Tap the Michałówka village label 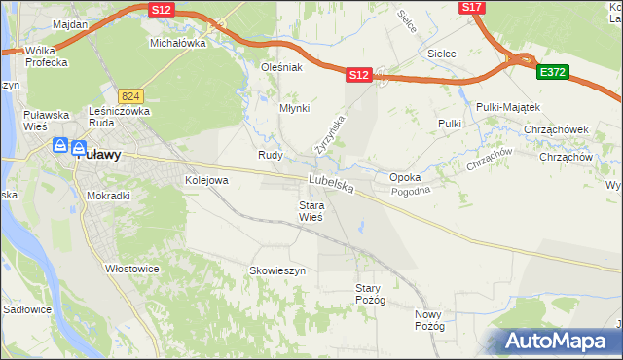click(177, 44)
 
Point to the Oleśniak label click(282, 67)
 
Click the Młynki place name click(294, 108)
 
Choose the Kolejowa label click(206, 180)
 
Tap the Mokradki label click(108, 195)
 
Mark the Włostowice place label click(131, 268)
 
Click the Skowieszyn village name click(278, 270)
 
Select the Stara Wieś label click(311, 211)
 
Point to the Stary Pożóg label click(371, 294)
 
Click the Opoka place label click(404, 178)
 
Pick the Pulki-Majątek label click(508, 106)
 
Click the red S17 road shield click(472, 7)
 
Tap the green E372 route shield click(553, 71)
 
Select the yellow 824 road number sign click(131, 95)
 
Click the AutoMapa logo click(557, 342)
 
